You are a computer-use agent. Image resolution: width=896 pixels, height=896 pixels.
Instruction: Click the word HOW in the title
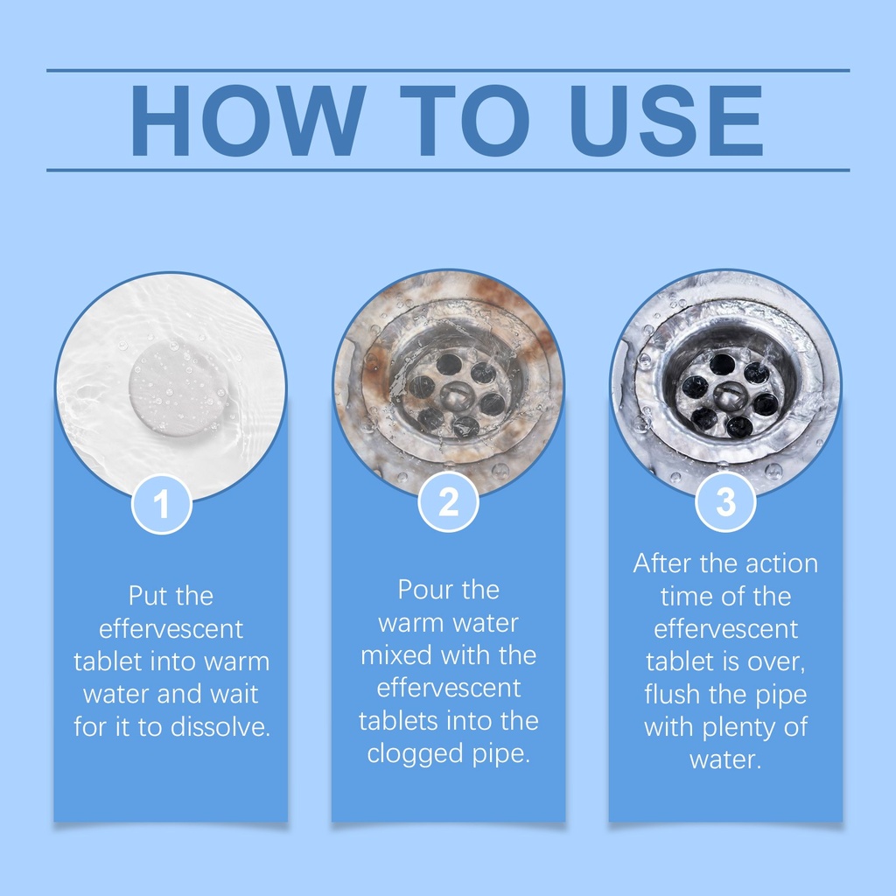[248, 121]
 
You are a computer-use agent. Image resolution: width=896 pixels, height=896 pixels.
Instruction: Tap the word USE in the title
[666, 121]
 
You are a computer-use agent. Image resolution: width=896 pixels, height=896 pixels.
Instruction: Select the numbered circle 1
[162, 504]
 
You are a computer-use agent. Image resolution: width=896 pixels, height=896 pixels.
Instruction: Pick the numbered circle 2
[449, 501]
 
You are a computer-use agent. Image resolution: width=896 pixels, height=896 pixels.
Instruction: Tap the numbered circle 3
[725, 501]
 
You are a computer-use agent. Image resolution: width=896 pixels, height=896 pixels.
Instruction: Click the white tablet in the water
[178, 387]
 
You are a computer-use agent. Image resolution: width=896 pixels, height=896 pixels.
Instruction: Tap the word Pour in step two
[422, 589]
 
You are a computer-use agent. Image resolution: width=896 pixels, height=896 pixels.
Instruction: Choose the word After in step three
[662, 563]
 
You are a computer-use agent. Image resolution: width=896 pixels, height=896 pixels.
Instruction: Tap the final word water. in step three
[725, 760]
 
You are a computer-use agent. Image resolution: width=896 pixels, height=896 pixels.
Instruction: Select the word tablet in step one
[108, 661]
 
